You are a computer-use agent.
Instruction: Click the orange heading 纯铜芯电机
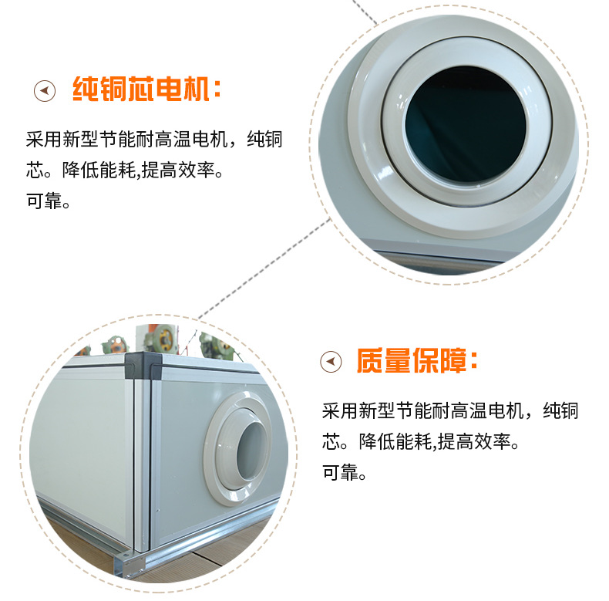pyautogui.click(x=141, y=90)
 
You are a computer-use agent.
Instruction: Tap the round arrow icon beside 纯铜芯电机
pyautogui.click(x=45, y=91)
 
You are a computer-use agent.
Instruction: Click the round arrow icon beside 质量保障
pyautogui.click(x=331, y=361)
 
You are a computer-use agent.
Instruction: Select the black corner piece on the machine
pyautogui.click(x=146, y=366)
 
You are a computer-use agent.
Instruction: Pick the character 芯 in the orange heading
pyautogui.click(x=141, y=90)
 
